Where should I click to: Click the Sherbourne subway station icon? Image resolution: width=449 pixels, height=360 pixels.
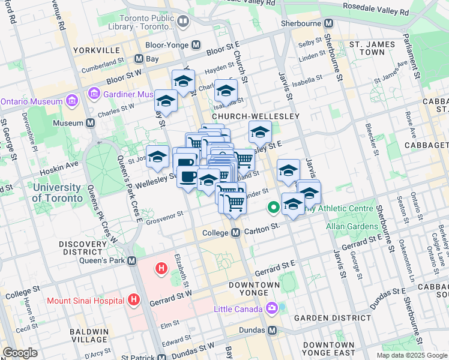328,23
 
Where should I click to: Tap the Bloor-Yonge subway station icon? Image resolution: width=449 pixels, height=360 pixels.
196,45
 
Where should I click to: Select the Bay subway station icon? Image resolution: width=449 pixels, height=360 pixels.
139,59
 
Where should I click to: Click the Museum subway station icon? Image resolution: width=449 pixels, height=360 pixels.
91,123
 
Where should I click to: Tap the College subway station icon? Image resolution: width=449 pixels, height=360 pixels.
236,232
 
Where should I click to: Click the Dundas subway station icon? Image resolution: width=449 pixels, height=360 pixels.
272,331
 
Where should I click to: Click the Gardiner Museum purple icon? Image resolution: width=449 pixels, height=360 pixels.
94,94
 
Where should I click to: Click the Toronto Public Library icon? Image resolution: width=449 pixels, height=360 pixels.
183,22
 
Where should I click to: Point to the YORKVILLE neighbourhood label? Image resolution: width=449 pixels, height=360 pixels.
93,51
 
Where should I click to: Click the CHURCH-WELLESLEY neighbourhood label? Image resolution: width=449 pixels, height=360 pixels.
246,116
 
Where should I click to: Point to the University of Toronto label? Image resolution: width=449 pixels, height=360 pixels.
57,193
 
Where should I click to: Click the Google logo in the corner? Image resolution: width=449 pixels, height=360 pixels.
20,353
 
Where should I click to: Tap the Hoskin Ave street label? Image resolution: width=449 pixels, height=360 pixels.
59,164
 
